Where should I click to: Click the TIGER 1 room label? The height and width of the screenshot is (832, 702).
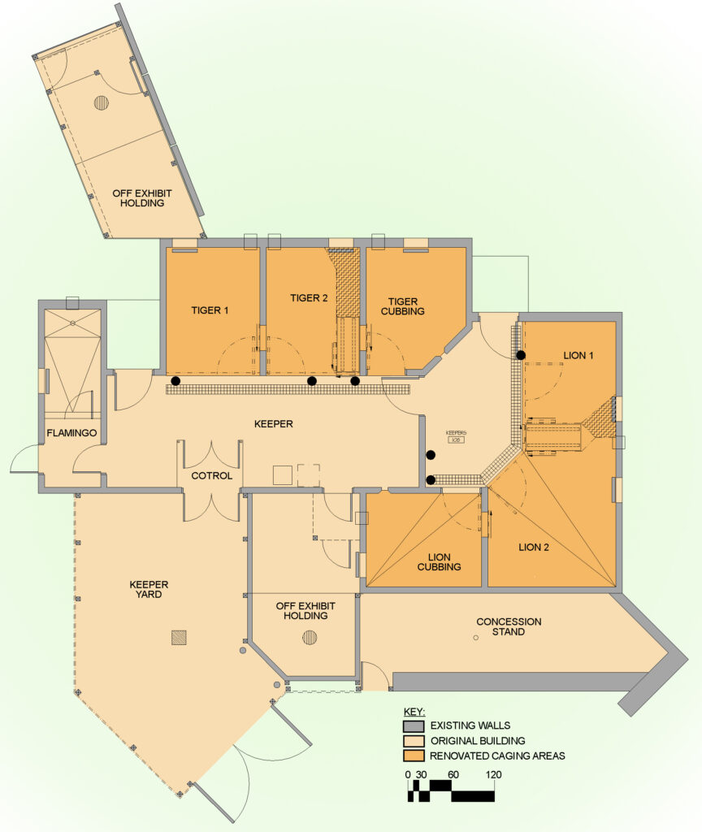210,310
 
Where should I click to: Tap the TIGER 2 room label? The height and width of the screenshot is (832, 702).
309,298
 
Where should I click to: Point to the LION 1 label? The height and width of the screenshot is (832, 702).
579,356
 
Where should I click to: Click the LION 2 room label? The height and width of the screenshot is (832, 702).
534,548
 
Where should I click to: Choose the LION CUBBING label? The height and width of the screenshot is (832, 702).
440,561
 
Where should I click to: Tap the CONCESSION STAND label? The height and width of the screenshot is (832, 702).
509,626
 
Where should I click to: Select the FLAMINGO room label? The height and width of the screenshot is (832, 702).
71,434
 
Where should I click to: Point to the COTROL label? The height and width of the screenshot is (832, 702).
212,476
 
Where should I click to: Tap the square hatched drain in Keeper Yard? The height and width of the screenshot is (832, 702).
179,638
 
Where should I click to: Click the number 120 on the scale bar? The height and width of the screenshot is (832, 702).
492,775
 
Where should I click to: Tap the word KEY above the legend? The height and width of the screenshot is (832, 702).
414,712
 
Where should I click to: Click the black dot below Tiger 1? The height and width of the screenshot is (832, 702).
175,380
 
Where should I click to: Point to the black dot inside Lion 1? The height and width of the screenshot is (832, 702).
521,355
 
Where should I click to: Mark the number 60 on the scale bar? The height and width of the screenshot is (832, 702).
453,775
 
